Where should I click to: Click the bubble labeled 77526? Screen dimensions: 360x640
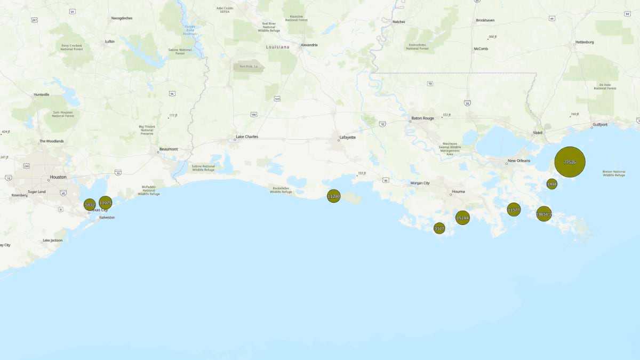pos(570,162)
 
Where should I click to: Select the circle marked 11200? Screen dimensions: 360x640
pos(333,197)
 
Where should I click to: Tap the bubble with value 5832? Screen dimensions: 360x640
pos(90,205)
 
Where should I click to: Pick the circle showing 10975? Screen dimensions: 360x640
pos(106,203)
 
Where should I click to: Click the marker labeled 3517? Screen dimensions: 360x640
pos(439,229)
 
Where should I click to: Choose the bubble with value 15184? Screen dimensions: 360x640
pos(462,218)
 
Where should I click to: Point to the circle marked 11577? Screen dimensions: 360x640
pos(514,210)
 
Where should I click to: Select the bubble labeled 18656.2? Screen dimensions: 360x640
pos(543,214)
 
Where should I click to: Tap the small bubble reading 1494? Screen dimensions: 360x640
pos(552,184)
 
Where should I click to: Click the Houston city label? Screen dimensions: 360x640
pos(58,177)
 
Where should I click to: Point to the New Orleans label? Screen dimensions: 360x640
pos(518,161)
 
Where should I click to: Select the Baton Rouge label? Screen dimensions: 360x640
pos(422,118)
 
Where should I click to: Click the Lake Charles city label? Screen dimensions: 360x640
pos(246,137)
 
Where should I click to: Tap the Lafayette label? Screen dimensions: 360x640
pos(347,138)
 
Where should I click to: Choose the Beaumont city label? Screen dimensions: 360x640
pos(169,149)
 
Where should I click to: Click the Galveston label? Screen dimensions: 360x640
pos(107,218)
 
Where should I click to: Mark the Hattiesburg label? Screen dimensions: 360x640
pos(585,42)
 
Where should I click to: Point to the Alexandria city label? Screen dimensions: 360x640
pos(309,45)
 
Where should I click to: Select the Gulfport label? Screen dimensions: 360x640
pos(599,124)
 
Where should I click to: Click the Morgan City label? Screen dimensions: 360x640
pos(420,183)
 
